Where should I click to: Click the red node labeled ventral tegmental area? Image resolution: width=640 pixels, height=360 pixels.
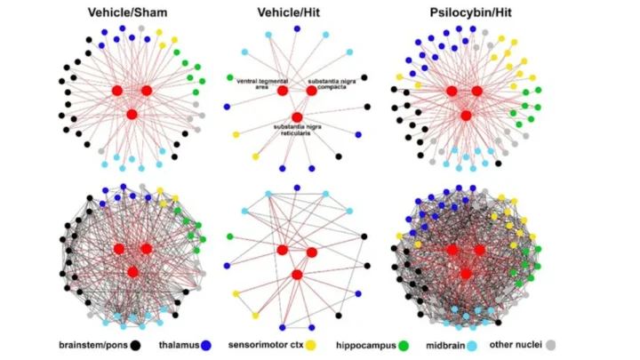(x=282, y=91)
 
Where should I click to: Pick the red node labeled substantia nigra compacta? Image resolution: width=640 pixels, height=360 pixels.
(x=311, y=91)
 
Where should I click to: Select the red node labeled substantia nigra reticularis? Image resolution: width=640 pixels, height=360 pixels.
(x=297, y=116)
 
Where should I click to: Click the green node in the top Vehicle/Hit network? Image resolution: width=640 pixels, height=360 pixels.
(x=229, y=77)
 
